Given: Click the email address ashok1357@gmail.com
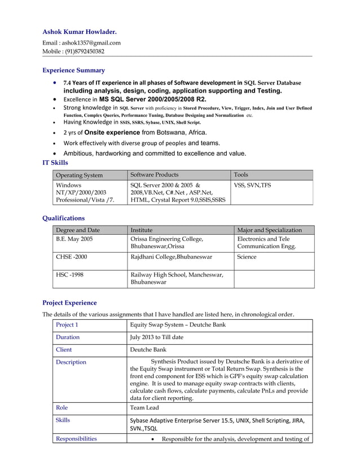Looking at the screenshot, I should pos(91,42).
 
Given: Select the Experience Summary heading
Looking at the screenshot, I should pos(74,71).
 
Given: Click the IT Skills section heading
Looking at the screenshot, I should pos(55,162).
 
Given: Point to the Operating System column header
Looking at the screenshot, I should pos(80,175).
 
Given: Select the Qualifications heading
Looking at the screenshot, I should pos(64,218).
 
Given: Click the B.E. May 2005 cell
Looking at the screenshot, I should pos(74,239).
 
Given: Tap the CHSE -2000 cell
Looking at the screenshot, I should pos(71,257).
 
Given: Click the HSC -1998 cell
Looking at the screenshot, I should pos(69,275).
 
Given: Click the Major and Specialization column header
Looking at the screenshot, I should pos(269,230).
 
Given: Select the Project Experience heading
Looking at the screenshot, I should pos(69,302).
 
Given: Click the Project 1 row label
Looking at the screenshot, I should pos(67,325).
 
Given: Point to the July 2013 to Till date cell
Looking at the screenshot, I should pos(156,337).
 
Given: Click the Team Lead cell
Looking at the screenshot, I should pos(144,407).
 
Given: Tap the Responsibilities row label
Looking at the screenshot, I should pos(76,438).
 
